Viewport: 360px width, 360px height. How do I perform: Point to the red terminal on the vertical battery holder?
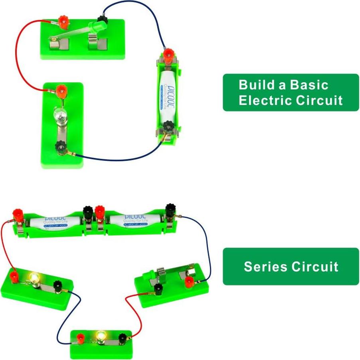tap(168, 53)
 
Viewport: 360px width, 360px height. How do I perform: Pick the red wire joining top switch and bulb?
tap(19, 60)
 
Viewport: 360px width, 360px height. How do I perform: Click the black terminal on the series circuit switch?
tap(159, 289)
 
